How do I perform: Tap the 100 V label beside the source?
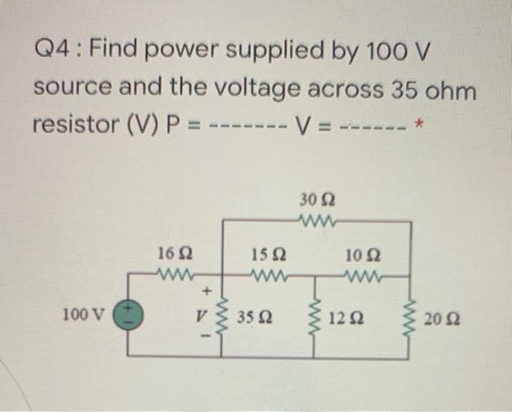pyautogui.click(x=85, y=315)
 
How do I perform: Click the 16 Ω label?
pyautogui.click(x=175, y=256)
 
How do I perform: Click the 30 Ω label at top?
pyautogui.click(x=316, y=199)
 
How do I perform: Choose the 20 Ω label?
pyautogui.click(x=439, y=319)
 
